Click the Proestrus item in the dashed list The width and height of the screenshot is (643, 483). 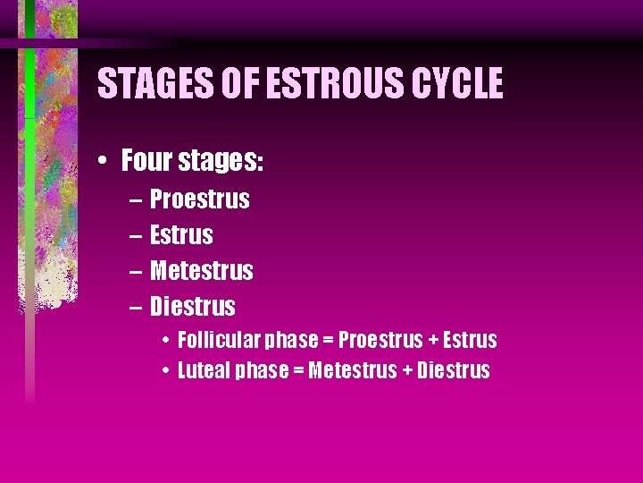[x=200, y=199]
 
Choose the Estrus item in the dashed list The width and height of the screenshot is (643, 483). [x=181, y=235]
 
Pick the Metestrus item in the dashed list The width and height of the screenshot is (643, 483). [x=202, y=271]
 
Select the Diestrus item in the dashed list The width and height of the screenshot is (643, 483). [x=193, y=307]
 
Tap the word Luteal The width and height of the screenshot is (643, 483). [x=203, y=370]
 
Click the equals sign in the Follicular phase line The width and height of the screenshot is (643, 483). [x=328, y=341]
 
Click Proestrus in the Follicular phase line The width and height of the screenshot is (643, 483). [x=380, y=341]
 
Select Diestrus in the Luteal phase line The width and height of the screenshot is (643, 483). [x=454, y=370]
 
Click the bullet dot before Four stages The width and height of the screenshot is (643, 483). [x=104, y=162]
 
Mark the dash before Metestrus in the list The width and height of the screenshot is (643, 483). [x=134, y=271]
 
